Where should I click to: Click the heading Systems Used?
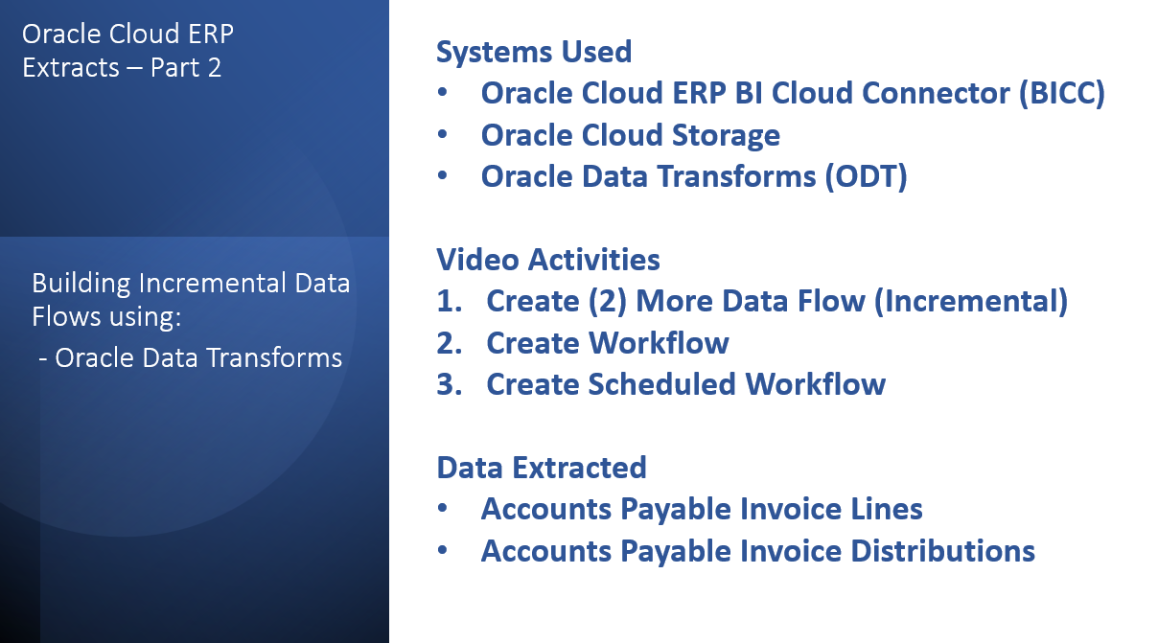point(534,52)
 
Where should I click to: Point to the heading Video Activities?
point(548,260)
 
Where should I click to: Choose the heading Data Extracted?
point(542,468)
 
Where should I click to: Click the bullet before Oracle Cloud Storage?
point(443,136)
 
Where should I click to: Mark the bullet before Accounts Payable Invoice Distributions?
point(443,551)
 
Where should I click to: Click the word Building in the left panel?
point(73,285)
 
